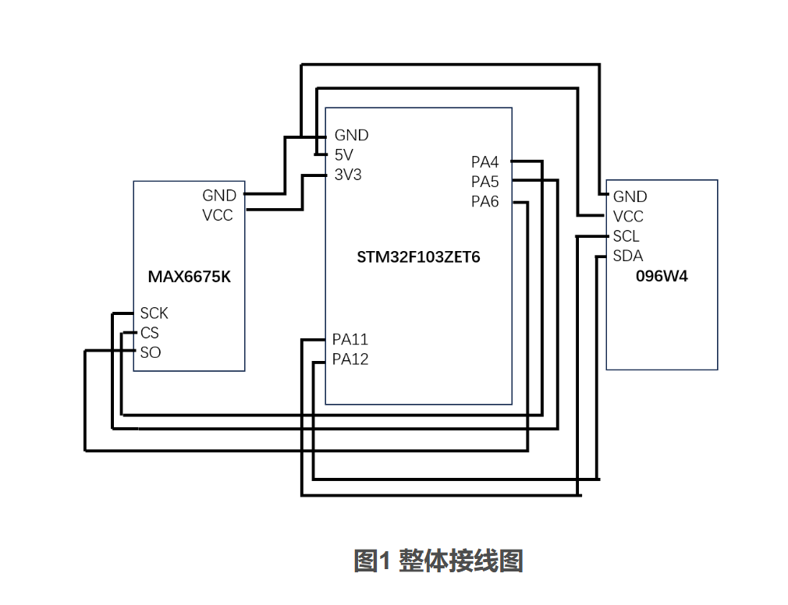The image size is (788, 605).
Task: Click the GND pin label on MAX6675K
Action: point(218,196)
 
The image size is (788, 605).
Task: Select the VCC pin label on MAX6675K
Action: point(218,215)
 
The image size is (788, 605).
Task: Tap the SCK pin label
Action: point(154,313)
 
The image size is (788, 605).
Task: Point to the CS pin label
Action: point(150,333)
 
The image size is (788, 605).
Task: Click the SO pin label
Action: point(151,352)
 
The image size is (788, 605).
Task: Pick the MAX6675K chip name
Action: point(190,276)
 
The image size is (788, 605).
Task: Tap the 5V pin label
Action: point(344,155)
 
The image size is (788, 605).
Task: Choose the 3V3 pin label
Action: point(348,175)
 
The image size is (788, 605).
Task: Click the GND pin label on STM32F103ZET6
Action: point(351,136)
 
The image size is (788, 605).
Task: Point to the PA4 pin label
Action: point(485,162)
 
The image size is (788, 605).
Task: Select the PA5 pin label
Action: point(485,182)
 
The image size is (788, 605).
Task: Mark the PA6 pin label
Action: point(485,202)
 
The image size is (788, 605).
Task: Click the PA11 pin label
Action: point(350,339)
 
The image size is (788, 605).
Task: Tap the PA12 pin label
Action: point(350,359)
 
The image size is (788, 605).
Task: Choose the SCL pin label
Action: point(626,236)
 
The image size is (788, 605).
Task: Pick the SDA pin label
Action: point(627,256)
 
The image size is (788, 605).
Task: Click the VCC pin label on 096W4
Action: point(628,217)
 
